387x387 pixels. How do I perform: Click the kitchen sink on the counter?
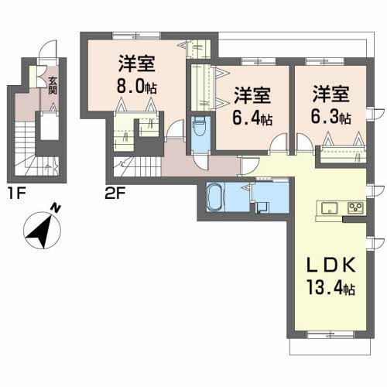point(328,207)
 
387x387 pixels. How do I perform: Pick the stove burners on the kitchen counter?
point(355,207)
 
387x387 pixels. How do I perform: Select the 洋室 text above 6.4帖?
point(252,96)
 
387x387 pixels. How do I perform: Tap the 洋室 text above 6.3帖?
point(330,95)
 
